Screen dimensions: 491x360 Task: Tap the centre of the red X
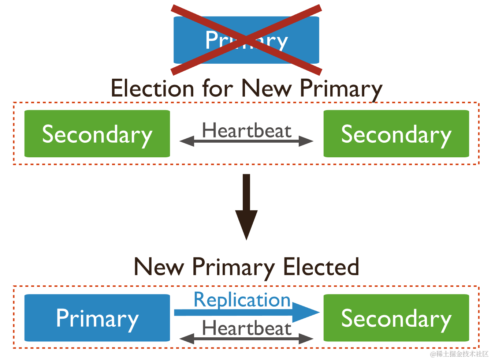point(246,40)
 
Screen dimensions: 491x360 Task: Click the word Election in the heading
point(152,88)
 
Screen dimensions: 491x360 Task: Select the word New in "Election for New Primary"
point(267,88)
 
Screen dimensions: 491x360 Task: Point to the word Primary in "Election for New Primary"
point(341,89)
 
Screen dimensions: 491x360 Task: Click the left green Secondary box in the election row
point(97,134)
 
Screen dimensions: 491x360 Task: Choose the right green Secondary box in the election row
point(396,134)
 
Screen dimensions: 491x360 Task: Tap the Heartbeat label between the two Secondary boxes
point(247,130)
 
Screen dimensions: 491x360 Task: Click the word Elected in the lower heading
point(321,267)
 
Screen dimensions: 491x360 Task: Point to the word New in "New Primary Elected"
point(159,267)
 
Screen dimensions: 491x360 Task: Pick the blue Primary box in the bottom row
point(97,318)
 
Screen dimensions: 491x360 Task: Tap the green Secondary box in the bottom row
point(396,318)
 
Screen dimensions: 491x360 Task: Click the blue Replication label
point(242,300)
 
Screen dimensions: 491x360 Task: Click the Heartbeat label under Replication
point(247,328)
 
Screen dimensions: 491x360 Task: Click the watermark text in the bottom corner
point(459,354)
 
